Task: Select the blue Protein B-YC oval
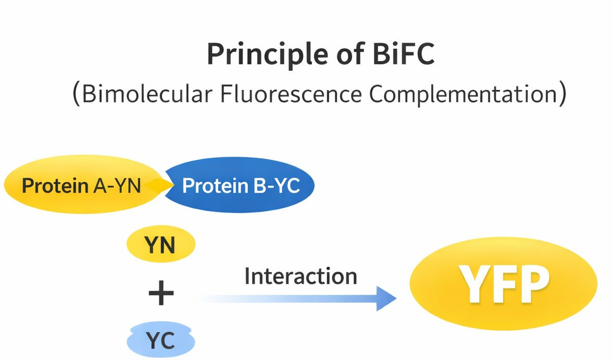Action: pos(240,185)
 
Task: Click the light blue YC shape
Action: pos(160,341)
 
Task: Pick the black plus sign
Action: pos(161,295)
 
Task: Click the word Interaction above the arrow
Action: pos(300,277)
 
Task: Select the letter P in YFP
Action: pos(533,285)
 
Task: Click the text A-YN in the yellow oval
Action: pos(117,186)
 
